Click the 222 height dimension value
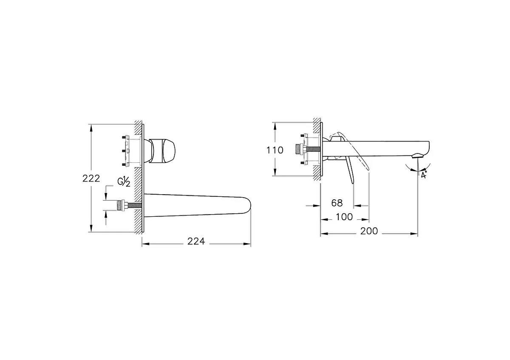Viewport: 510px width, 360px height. coord(91,179)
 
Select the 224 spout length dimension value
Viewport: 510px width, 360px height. coord(196,241)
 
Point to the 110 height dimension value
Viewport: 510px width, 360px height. coord(275,150)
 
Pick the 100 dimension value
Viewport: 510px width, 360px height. coord(344,217)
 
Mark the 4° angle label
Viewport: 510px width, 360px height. coord(423,175)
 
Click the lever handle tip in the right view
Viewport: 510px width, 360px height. coord(352,180)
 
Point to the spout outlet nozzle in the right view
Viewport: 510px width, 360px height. coord(418,157)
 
